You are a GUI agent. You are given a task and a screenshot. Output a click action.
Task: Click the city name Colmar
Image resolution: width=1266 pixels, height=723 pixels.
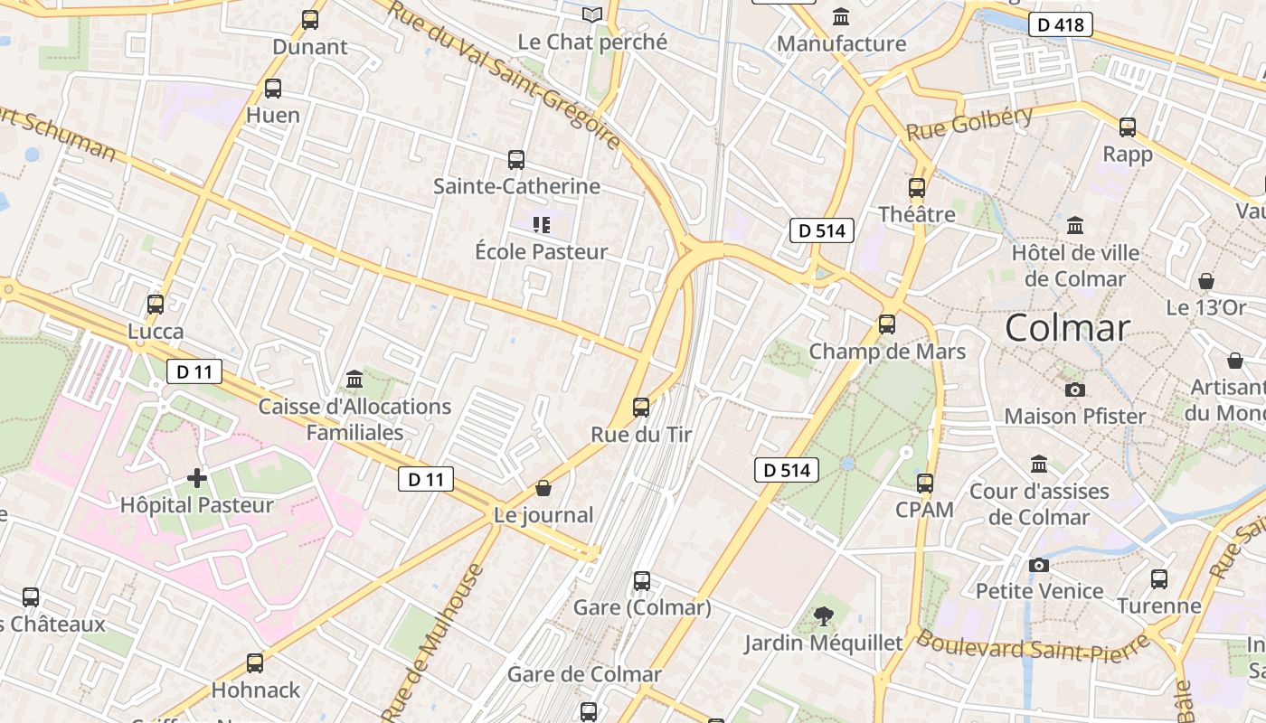1067,327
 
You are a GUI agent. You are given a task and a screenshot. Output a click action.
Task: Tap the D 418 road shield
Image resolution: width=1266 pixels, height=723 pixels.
1061,25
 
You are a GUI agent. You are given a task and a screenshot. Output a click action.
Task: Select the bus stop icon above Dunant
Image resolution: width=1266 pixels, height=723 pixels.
310,19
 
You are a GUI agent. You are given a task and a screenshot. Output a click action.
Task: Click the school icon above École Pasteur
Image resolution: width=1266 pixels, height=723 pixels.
541,224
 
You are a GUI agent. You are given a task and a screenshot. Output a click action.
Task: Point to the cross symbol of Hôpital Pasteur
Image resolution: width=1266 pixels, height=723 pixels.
197,477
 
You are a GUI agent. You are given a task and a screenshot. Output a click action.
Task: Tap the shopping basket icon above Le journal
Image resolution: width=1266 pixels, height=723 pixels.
543,488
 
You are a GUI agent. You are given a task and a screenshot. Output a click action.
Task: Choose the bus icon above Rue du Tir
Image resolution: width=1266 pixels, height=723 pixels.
641,408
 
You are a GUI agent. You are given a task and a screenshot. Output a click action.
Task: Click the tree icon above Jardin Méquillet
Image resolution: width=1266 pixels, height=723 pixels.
823,616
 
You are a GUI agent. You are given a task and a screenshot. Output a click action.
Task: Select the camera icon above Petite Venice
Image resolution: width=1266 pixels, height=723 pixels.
1039,565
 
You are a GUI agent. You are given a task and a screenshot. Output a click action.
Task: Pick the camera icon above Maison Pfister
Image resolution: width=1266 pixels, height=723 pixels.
1074,390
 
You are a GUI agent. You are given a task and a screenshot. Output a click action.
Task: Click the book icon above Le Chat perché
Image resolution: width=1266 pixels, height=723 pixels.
592,14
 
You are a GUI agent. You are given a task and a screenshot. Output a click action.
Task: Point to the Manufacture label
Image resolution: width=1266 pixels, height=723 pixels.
841,43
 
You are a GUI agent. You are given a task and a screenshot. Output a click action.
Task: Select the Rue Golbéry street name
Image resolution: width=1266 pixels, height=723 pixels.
968,124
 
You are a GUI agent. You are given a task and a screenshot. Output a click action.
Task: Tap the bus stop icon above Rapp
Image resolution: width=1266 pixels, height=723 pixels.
1128,127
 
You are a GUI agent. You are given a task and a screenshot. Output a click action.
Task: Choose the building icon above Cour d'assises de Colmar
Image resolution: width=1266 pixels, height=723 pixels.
1039,465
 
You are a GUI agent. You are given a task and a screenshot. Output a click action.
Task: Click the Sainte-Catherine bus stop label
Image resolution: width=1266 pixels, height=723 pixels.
516,186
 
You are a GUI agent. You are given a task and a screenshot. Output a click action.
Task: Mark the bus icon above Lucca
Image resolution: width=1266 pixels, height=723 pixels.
156,305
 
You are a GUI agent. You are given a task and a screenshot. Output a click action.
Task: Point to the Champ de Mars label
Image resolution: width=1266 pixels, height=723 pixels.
887,351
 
